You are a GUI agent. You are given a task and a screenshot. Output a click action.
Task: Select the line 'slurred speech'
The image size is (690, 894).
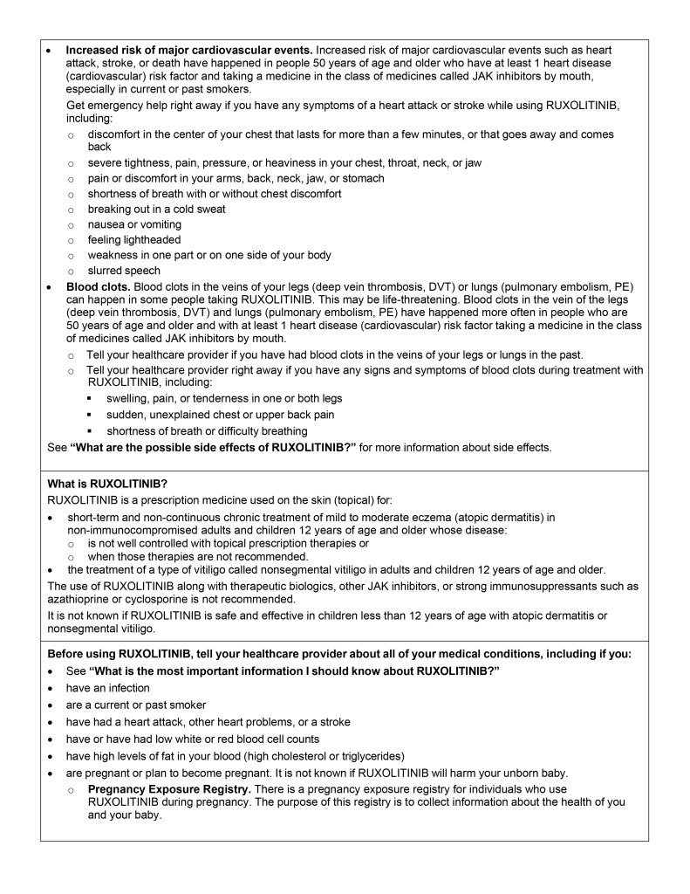pyautogui.click(x=124, y=271)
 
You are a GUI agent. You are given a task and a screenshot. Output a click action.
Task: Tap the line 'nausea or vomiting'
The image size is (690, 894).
pyautogui.click(x=134, y=224)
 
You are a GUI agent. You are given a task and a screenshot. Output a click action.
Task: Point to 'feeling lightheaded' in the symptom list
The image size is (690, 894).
pyautogui.click(x=134, y=239)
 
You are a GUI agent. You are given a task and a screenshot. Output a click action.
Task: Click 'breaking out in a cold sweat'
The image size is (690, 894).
pyautogui.click(x=156, y=209)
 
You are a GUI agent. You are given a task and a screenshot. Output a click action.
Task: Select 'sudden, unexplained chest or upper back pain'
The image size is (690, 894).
pyautogui.click(x=220, y=415)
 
